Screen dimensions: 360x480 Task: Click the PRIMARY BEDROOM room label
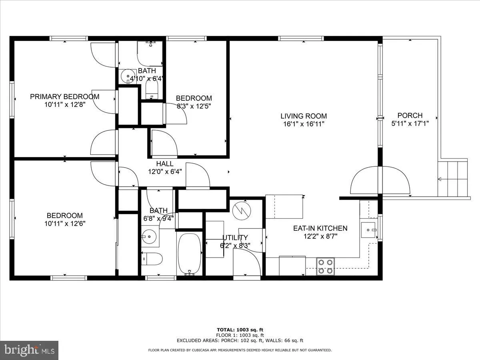pyautogui.click(x=65, y=96)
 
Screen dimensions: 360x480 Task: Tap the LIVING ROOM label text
pyautogui.click(x=303, y=116)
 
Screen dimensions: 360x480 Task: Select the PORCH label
pyautogui.click(x=410, y=116)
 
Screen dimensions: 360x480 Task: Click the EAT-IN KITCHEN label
pyautogui.click(x=320, y=228)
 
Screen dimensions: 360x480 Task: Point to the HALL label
pyautogui.click(x=164, y=164)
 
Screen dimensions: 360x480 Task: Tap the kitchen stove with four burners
pyautogui.click(x=325, y=266)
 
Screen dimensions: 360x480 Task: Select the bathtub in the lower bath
pyautogui.click(x=190, y=254)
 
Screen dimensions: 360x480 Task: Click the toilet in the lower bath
pyautogui.click(x=152, y=259)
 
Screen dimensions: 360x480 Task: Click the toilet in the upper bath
pyautogui.click(x=152, y=88)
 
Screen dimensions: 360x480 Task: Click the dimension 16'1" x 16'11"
pyautogui.click(x=303, y=124)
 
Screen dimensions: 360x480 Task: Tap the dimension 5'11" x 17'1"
pyautogui.click(x=410, y=124)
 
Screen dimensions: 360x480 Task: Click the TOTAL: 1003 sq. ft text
pyautogui.click(x=240, y=330)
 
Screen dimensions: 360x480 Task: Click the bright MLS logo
pyautogui.click(x=29, y=350)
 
